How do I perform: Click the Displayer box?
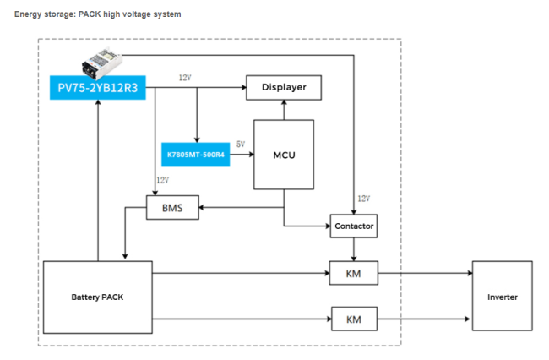[284, 88]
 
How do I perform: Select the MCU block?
[284, 155]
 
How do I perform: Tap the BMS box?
[172, 208]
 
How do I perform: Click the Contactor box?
[354, 226]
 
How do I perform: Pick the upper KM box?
[354, 273]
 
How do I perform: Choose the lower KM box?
[354, 319]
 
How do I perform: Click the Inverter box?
[503, 296]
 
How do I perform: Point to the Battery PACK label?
[97, 297]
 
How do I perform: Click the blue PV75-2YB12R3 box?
[98, 88]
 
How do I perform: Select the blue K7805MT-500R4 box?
[195, 155]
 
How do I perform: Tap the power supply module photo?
[102, 63]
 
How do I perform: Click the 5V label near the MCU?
[241, 145]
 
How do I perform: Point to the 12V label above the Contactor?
[364, 199]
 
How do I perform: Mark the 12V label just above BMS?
[163, 180]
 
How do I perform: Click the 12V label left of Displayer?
[185, 78]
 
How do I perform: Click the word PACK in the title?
[90, 14]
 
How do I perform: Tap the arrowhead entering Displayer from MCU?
[284, 102]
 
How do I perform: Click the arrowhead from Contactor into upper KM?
[354, 259]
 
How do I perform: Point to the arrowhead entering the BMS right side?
[202, 208]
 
